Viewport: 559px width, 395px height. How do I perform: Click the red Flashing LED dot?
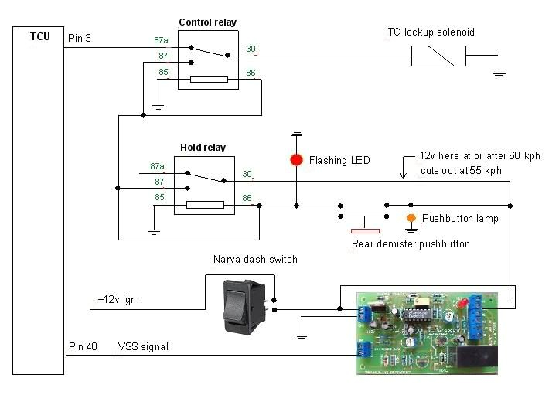[x=296, y=160]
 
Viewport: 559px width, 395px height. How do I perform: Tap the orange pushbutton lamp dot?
[x=412, y=217]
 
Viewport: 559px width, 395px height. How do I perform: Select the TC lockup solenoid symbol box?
[x=438, y=56]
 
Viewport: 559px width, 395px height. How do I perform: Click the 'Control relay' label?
[x=208, y=22]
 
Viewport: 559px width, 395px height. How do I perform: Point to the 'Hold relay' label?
[x=203, y=147]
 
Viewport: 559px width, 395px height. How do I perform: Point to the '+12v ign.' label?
[x=118, y=299]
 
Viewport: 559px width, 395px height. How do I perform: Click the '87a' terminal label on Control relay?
[x=160, y=39]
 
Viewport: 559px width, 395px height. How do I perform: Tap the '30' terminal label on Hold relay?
[x=247, y=173]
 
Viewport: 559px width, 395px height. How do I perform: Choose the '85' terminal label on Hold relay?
[x=160, y=198]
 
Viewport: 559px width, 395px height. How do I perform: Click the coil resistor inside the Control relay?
[x=209, y=79]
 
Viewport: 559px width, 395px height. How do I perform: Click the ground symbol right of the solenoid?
[x=499, y=74]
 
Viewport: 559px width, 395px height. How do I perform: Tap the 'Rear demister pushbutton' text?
[x=411, y=244]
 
